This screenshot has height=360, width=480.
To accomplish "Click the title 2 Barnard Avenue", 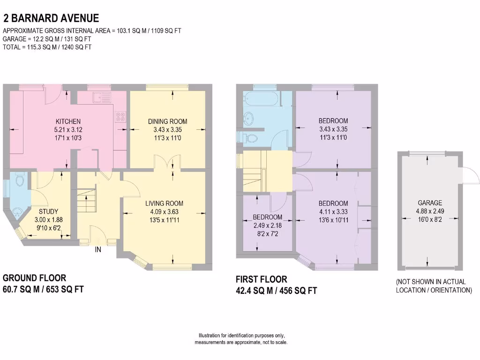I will [x=51, y=18].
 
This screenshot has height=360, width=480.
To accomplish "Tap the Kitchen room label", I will [x=68, y=121].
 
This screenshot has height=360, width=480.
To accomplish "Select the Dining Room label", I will [x=167, y=121].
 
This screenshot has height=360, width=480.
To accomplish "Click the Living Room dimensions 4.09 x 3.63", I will [x=164, y=211].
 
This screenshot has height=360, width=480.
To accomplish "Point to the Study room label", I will [x=48, y=211].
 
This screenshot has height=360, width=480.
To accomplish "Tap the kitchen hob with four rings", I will [x=120, y=115].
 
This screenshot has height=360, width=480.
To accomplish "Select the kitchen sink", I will [x=100, y=98].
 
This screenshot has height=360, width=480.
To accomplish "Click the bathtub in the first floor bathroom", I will [x=261, y=98].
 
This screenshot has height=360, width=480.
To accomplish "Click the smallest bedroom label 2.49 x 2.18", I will [x=268, y=225].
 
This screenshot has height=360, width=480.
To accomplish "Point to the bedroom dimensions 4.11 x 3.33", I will [x=333, y=211].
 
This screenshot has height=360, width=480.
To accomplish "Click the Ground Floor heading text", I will [x=35, y=278].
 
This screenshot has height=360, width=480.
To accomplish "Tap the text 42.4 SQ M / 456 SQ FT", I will [x=276, y=291].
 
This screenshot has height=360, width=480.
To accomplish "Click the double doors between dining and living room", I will [x=167, y=165].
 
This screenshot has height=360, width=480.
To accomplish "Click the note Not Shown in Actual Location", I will [x=434, y=286].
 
